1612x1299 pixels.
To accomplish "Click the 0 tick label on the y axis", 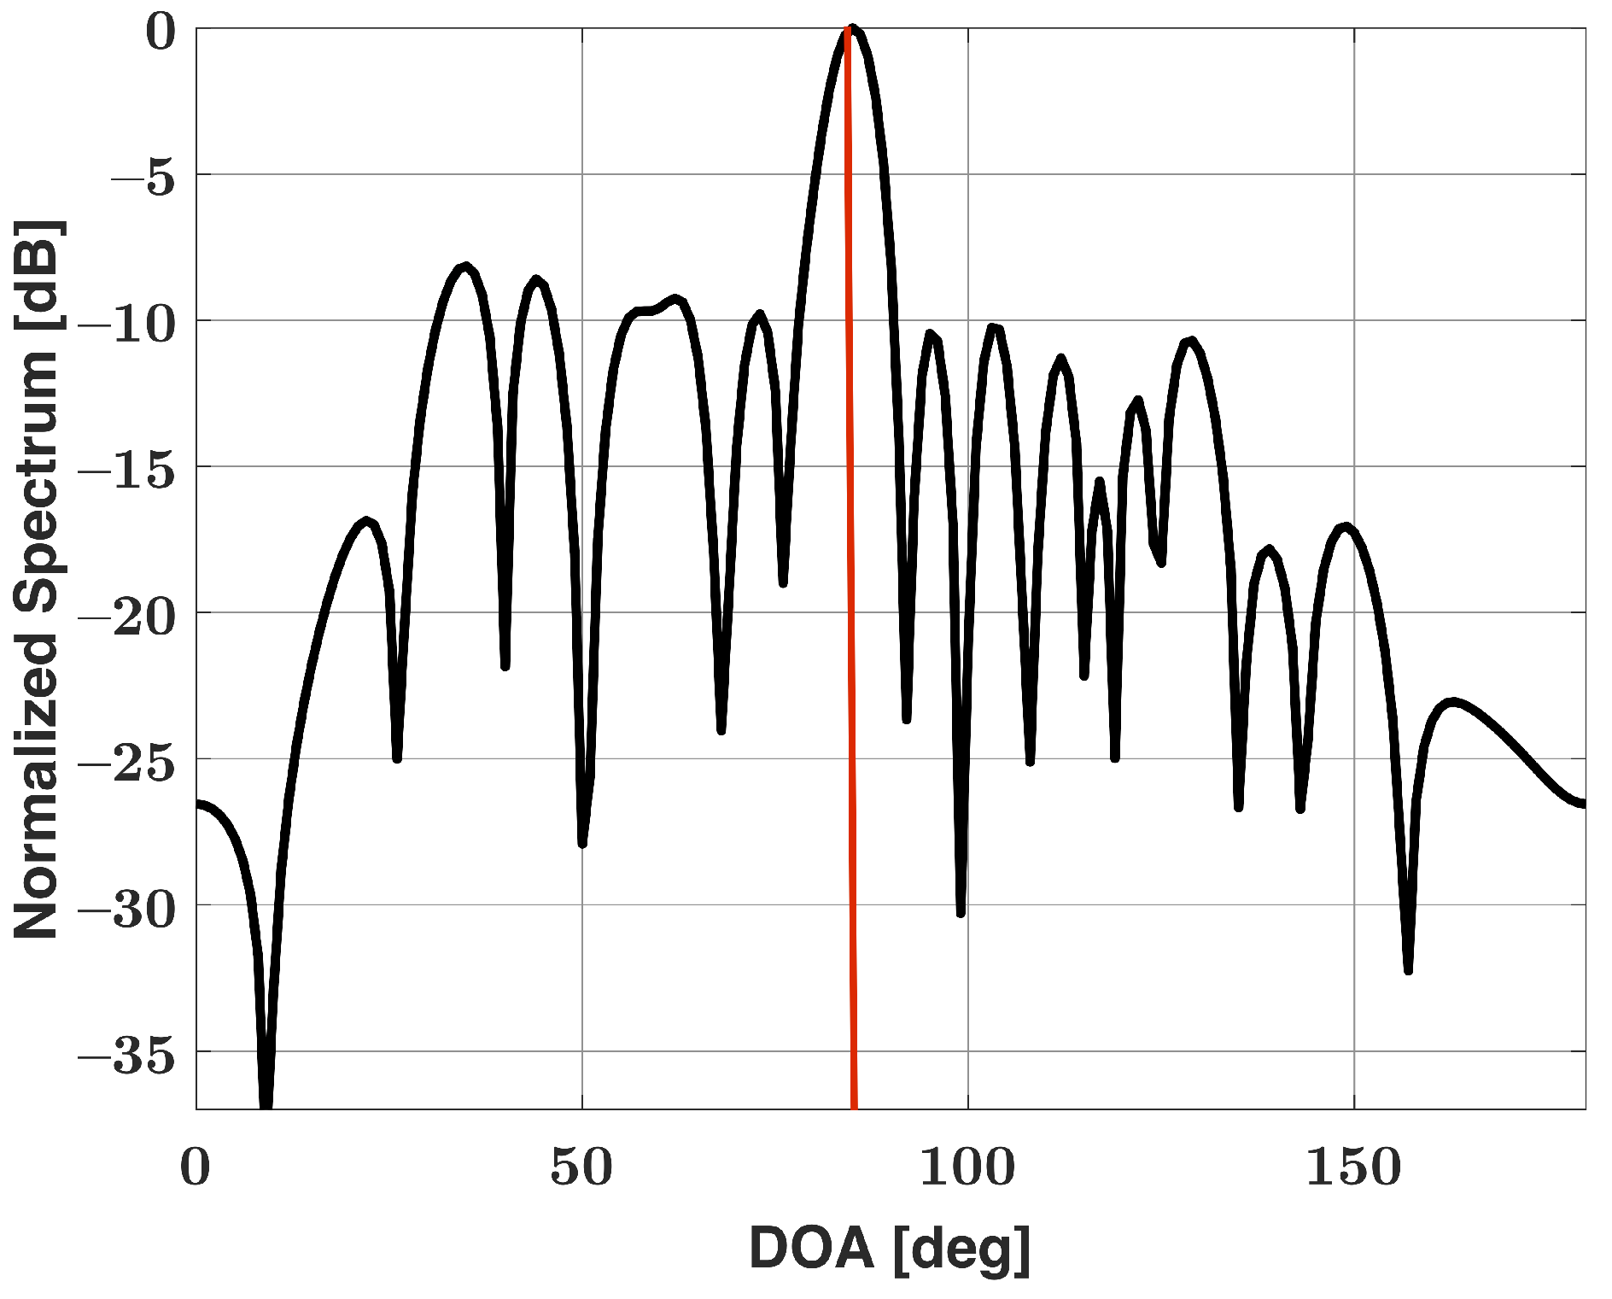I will [x=161, y=34].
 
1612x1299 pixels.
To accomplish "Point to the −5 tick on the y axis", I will [x=143, y=180].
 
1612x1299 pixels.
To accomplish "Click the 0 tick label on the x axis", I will [x=196, y=1167].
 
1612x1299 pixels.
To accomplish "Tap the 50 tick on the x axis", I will [x=581, y=1167].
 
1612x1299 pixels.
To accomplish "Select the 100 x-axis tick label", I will [x=967, y=1167].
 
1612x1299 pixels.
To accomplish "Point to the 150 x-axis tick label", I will [x=1353, y=1167].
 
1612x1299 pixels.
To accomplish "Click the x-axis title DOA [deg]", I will [x=890, y=1249].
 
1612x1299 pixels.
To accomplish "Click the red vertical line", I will [x=850, y=598].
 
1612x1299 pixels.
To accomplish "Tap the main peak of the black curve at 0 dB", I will [x=852, y=30].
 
